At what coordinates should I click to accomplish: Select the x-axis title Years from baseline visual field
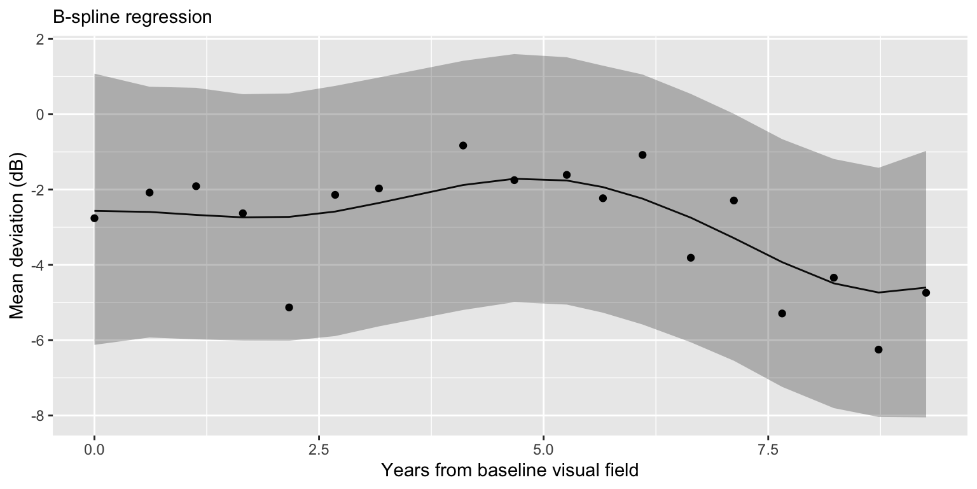509,471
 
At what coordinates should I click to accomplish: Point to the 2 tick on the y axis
39,39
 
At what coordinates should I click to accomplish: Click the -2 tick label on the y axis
37,190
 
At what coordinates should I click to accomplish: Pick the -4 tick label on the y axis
37,265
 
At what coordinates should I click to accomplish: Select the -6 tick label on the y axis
37,340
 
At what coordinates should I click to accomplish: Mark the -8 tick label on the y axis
37,415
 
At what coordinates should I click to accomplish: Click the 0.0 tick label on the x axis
94,450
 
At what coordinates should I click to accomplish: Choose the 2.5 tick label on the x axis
319,450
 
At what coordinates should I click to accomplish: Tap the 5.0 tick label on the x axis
543,450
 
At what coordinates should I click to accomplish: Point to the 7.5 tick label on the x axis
768,450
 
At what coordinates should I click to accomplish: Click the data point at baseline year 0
94,218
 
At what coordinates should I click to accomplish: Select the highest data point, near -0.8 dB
463,145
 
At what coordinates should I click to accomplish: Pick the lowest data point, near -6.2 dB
878,350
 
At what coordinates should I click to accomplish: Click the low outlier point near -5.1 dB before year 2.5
289,307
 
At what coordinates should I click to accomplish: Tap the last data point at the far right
925,292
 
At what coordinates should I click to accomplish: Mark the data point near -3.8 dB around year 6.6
691,257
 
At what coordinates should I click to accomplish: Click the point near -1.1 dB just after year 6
642,155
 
